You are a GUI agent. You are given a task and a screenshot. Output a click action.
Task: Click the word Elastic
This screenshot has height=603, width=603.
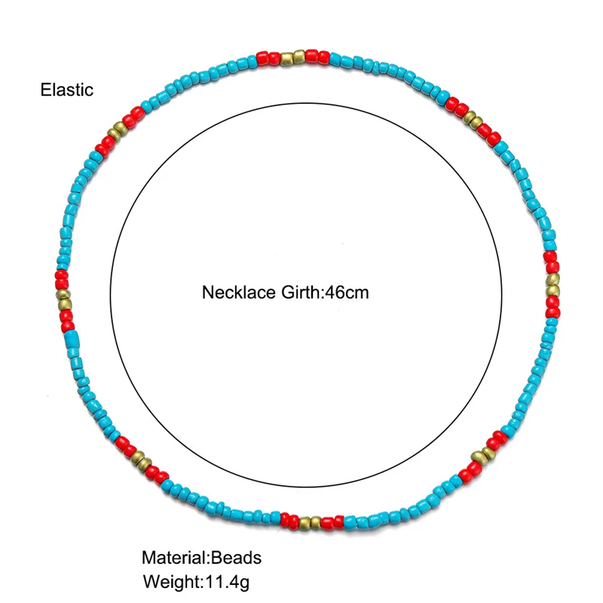pyautogui.click(x=67, y=90)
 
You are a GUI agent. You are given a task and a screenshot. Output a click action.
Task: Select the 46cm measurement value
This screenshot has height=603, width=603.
pyautogui.click(x=345, y=292)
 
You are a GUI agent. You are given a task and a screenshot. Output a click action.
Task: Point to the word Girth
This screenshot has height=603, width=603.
pyautogui.click(x=298, y=292)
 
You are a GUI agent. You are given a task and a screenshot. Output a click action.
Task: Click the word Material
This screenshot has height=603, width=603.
pyautogui.click(x=174, y=558)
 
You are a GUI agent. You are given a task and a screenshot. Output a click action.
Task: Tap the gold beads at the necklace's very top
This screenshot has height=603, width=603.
pyautogui.click(x=293, y=57)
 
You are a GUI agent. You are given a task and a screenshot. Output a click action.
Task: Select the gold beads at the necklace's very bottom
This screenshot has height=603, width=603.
pyautogui.click(x=310, y=521)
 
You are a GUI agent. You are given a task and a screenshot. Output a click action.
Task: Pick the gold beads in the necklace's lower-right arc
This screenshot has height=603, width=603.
pyautogui.click(x=480, y=455)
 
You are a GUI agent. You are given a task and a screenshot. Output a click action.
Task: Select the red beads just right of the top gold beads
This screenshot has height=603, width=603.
pyautogui.click(x=317, y=57)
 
